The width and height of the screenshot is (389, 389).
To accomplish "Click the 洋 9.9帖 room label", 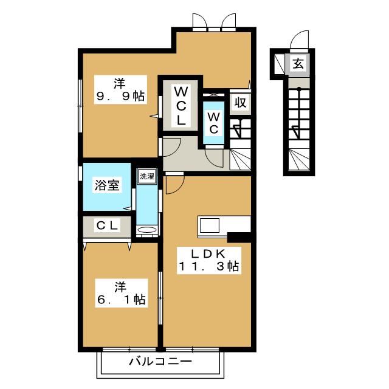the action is pyautogui.click(x=120, y=89).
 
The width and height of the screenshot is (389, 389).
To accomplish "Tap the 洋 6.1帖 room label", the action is pyautogui.click(x=122, y=293).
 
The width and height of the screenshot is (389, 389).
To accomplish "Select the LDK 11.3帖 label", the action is pyautogui.click(x=209, y=260).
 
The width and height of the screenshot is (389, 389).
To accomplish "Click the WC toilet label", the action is pyautogui.click(x=213, y=123).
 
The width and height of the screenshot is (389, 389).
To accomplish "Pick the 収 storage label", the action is pyautogui.click(x=240, y=103).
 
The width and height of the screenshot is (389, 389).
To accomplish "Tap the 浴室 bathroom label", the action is pyautogui.click(x=107, y=185).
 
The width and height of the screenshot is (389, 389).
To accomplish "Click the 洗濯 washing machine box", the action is pyautogui.click(x=147, y=176).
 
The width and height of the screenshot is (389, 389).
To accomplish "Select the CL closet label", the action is pyautogui.click(x=107, y=225).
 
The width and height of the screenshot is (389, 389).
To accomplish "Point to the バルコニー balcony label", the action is pyautogui.click(x=160, y=362).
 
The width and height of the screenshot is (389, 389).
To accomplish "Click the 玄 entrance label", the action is pyautogui.click(x=298, y=63).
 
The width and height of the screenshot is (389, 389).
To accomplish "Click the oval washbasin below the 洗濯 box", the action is pyautogui.click(x=147, y=230).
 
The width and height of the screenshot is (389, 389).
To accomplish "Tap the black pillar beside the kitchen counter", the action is pyautogui.click(x=239, y=237).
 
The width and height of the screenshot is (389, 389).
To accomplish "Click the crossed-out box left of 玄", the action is pyautogui.click(x=280, y=63).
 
